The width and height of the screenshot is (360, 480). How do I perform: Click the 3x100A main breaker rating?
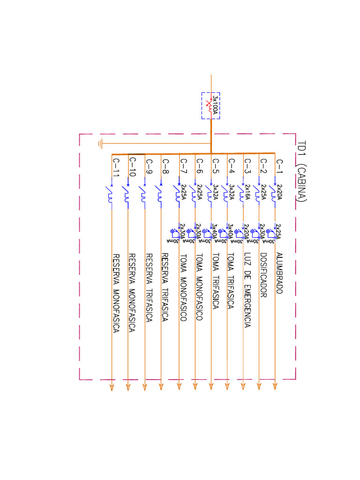215,105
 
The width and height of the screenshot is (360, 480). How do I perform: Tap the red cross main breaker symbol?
209,102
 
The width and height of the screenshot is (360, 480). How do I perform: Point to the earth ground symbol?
100,143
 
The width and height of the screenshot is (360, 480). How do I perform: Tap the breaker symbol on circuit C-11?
110,194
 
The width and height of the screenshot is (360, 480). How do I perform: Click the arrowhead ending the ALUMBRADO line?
275,386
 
